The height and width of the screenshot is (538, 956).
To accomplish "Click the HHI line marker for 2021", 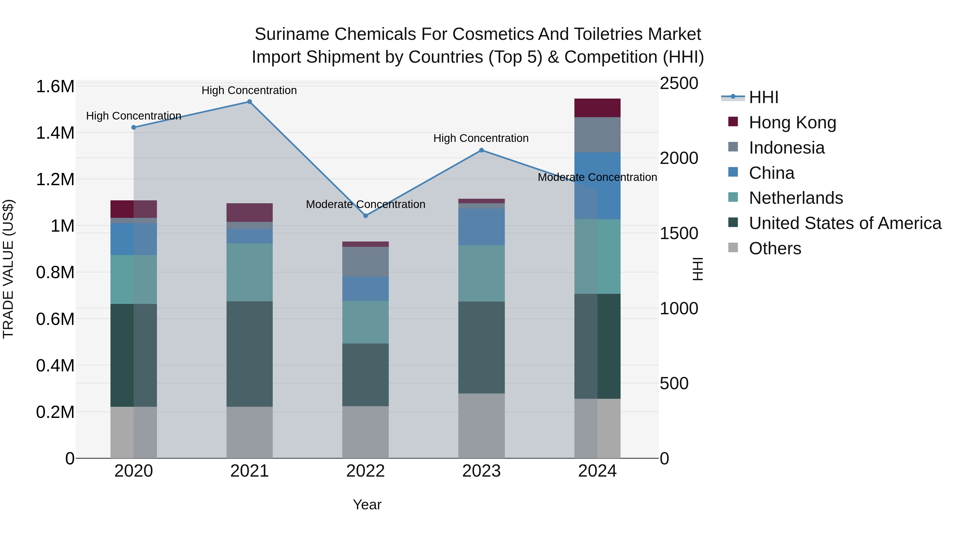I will coord(249,102).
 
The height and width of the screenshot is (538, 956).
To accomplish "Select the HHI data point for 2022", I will coord(366,216).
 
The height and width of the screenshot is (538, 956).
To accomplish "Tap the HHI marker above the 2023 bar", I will coord(481,150).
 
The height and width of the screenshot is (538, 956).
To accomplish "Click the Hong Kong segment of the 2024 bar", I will coord(597,108).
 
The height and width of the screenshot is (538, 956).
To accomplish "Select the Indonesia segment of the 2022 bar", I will coord(366,262).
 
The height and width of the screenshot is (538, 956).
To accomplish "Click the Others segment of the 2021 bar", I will coord(249,432).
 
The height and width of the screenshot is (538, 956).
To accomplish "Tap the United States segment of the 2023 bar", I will coord(481,347).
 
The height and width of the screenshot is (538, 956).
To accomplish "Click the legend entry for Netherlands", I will coord(796,198).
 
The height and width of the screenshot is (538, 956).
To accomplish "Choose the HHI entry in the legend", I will coord(763,97).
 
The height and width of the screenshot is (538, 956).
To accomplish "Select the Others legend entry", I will coord(775,248).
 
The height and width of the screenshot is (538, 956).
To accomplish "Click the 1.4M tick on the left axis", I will coord(55,133).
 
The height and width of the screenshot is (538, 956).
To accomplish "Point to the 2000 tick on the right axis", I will coord(679,158).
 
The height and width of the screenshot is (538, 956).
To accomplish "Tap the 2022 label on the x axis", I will coord(366,471).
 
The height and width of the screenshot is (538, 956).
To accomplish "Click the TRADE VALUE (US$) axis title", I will coord(8,269).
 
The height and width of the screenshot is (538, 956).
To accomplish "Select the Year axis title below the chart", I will coord(367,505).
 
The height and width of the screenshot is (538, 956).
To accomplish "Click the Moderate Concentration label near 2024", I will coord(597,177).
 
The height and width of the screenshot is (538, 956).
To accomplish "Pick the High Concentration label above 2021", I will coord(249,90).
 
